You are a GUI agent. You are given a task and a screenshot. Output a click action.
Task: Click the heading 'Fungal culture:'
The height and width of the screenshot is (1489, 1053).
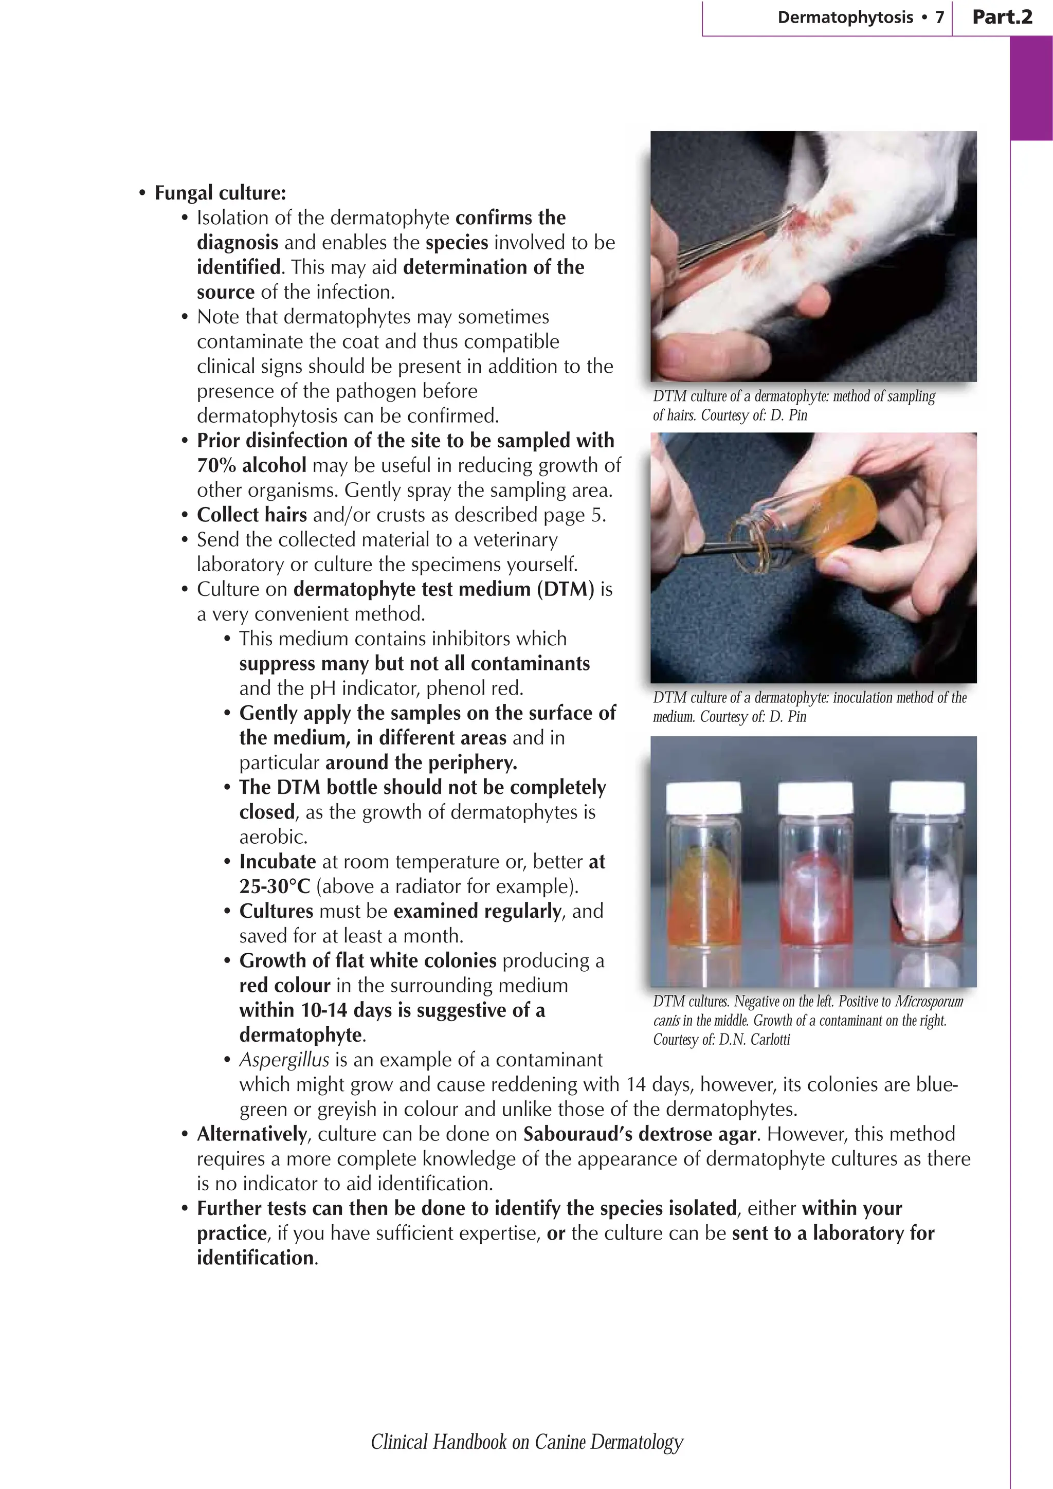pyautogui.click(x=220, y=193)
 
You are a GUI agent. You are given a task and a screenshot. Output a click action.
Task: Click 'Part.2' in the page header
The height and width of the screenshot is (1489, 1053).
pyautogui.click(x=1002, y=17)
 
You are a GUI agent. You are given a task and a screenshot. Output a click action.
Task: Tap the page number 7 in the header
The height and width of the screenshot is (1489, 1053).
pyautogui.click(x=939, y=17)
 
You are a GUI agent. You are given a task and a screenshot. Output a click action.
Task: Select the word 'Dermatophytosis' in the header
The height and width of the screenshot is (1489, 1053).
pyautogui.click(x=845, y=17)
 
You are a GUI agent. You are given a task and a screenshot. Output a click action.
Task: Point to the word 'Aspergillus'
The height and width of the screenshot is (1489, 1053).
pyautogui.click(x=284, y=1060)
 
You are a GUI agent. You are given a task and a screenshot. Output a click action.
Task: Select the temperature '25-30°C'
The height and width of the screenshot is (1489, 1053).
pyautogui.click(x=275, y=886)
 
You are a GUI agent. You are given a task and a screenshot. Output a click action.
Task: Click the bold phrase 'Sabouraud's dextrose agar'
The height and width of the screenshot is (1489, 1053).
pyautogui.click(x=639, y=1134)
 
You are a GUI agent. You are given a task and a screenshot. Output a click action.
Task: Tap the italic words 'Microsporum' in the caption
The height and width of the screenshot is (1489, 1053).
pyautogui.click(x=929, y=1001)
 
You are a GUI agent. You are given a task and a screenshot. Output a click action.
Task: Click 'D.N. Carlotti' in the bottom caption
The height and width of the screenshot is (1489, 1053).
pyautogui.click(x=755, y=1040)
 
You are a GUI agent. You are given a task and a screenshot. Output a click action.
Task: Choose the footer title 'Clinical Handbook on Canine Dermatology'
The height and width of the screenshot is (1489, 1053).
pyautogui.click(x=526, y=1442)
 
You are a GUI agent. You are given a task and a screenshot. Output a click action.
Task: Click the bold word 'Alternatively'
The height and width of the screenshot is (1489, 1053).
pyautogui.click(x=251, y=1134)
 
